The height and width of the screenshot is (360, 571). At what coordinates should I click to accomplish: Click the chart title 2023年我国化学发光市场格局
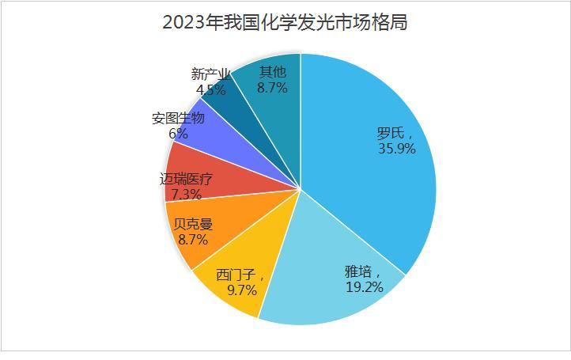285,22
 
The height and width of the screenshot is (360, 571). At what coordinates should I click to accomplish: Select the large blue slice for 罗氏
372,182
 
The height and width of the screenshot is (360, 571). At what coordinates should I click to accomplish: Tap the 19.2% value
364,286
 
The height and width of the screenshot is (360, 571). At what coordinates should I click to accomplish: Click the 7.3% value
185,194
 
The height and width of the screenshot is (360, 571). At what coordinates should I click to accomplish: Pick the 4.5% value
210,89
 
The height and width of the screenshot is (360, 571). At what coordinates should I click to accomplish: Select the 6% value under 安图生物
178,134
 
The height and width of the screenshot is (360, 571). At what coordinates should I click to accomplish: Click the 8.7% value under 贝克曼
192,237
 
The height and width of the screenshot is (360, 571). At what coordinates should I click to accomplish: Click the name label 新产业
211,74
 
